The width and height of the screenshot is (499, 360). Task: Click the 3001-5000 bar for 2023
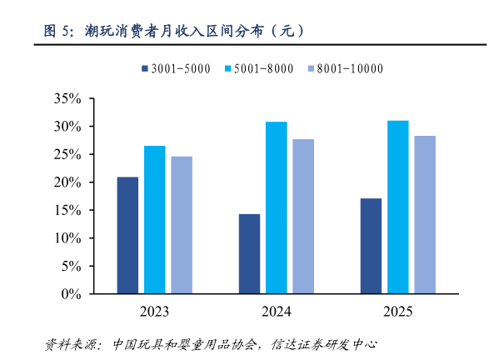coord(127,235)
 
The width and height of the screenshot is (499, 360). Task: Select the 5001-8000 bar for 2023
coord(154,220)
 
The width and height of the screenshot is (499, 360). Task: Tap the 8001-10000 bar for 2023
coord(181,225)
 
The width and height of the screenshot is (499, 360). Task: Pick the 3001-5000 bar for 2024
coord(249,254)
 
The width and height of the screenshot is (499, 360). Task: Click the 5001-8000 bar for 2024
coord(276,207)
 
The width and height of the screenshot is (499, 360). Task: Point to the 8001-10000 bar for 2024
coord(303,217)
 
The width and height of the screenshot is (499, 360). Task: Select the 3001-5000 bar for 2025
coord(371,246)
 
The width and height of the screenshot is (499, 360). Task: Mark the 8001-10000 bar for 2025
coord(425,215)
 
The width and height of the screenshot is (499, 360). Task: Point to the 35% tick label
coord(67,98)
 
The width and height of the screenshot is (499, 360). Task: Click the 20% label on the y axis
coord(67,182)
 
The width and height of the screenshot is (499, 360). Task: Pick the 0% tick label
coord(70,294)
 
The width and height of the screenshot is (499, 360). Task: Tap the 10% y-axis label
coord(67,238)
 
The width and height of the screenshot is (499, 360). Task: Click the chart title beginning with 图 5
coord(174,32)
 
